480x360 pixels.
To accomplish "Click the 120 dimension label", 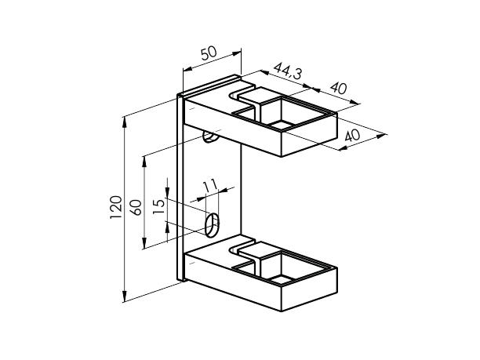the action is [116, 207].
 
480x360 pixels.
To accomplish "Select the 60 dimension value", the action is [136, 207].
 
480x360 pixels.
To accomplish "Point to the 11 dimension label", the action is [210, 185].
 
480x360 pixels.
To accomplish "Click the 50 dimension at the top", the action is [209, 53].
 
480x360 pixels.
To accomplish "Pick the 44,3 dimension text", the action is [287, 71].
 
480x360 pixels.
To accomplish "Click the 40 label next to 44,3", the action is [339, 88].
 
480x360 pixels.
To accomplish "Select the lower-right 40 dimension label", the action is [352, 135].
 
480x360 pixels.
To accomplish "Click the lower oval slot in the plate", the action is [212, 225].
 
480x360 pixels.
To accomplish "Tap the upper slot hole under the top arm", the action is [211, 138].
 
